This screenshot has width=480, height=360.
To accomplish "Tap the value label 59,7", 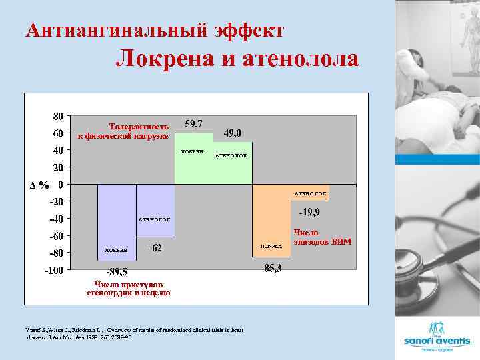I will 194,124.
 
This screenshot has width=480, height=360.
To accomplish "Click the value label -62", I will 155,249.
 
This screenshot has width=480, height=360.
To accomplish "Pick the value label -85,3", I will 271,268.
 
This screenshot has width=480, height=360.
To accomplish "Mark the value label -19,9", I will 309,213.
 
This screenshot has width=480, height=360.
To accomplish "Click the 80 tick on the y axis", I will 59,115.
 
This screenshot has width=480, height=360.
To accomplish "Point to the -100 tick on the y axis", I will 54,271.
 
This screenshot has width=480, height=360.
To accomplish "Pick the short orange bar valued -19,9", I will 310,192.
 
